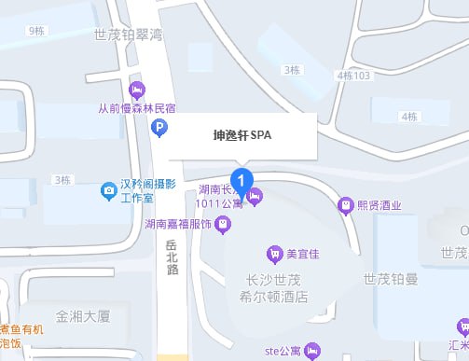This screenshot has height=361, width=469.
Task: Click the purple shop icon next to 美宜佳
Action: (274, 252)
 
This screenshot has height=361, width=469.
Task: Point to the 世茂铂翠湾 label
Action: (129, 35)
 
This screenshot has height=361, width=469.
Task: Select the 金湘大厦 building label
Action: (83, 316)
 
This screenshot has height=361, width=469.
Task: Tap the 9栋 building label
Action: (36, 31)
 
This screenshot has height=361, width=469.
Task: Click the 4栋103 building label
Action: (355, 75)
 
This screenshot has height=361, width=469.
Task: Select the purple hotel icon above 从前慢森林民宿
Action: (136, 90)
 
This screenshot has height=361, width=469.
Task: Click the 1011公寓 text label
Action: (219, 201)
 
